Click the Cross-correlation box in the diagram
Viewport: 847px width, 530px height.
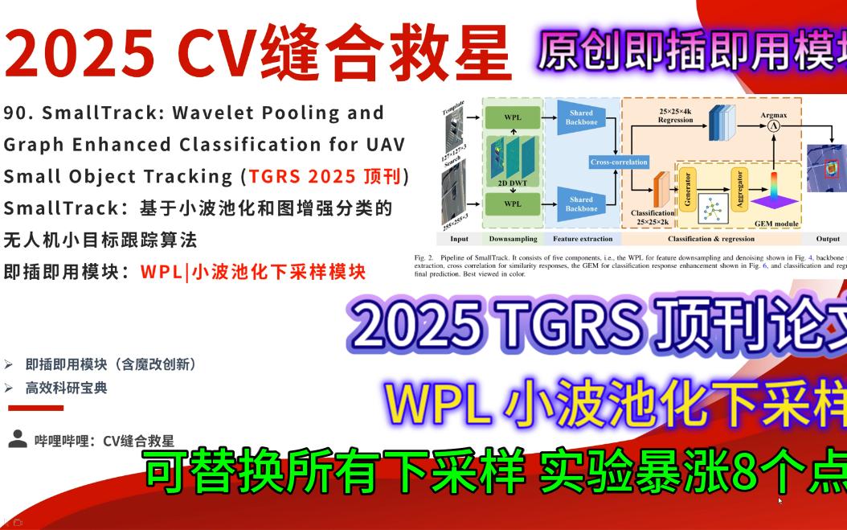[x=618, y=162]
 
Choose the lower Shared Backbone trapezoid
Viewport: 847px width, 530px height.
[x=581, y=203]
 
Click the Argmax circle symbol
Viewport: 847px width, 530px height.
[x=774, y=126]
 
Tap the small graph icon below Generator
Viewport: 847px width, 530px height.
[x=713, y=209]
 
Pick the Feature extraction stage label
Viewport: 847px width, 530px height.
[x=582, y=239]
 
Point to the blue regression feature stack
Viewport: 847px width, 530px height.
[x=722, y=121]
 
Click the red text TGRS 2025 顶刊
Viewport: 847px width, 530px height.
[x=328, y=176]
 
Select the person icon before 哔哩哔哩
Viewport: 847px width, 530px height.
[x=17, y=438]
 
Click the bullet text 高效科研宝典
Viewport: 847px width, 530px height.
[x=66, y=388]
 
